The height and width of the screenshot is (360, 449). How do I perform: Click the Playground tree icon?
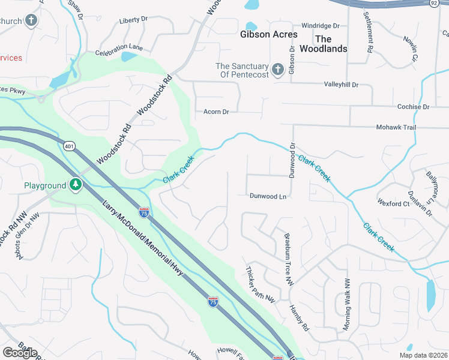click(76, 185)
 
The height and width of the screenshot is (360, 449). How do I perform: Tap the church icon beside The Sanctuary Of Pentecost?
click(277, 70)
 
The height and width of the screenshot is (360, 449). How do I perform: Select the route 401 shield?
click(70, 146)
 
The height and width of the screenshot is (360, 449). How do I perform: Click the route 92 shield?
click(434, 3)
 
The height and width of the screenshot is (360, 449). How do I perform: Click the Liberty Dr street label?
click(133, 20)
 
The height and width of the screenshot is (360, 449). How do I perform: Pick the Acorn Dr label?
click(217, 112)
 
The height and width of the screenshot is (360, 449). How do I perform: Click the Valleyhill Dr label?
click(341, 85)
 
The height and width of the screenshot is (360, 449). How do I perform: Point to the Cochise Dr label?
click(414, 107)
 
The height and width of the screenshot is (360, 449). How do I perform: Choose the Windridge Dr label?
click(321, 26)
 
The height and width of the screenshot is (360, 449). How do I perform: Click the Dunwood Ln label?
click(268, 196)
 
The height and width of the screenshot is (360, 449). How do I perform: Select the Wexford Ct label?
click(394, 204)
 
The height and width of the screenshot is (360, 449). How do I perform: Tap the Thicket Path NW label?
click(260, 285)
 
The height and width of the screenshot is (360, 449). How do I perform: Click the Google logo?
click(20, 353)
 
